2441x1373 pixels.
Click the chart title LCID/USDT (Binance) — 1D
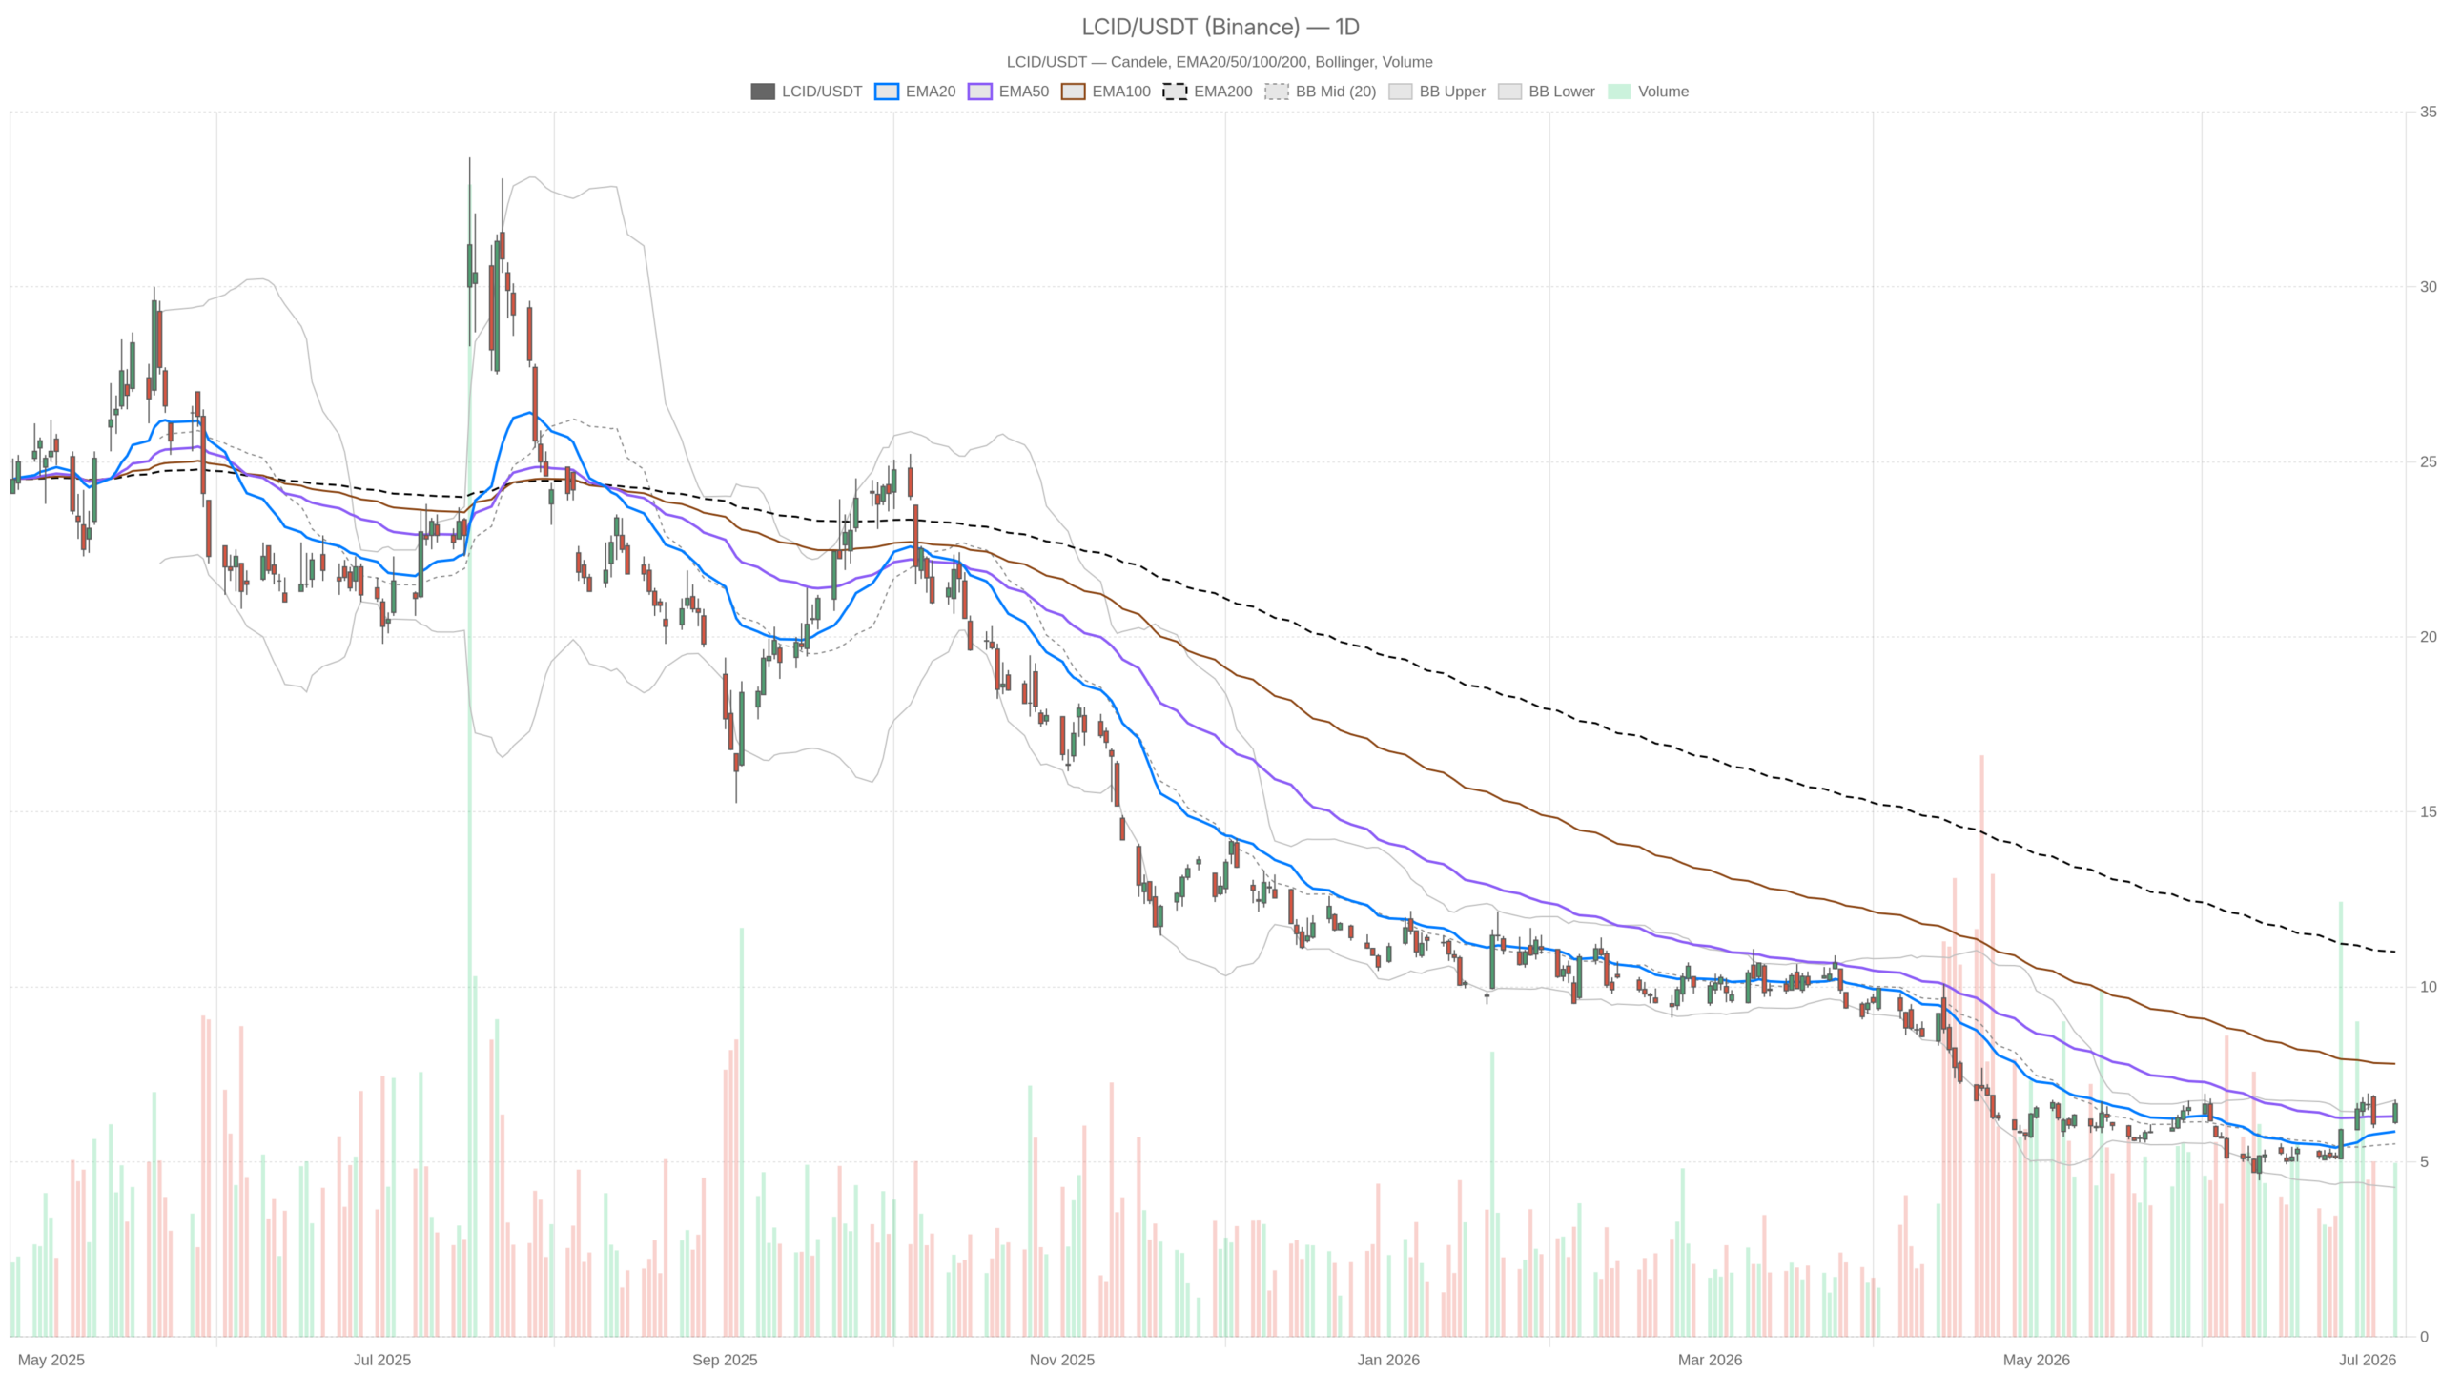(x=1220, y=27)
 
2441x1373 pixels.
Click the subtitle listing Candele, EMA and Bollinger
(x=1220, y=62)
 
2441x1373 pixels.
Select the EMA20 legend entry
(x=914, y=92)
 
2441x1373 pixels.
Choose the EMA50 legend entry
(x=1008, y=92)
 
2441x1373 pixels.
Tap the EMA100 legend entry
(x=1106, y=92)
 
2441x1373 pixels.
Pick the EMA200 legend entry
(x=1207, y=92)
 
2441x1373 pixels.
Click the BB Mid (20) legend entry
(x=1321, y=92)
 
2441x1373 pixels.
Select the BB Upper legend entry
(x=1437, y=92)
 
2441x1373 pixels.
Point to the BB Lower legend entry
(x=1546, y=92)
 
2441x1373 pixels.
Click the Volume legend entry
(x=1648, y=92)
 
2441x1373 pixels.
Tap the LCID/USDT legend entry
(x=806, y=92)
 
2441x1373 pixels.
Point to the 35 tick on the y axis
(x=2428, y=112)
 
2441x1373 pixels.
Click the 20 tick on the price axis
(x=2428, y=637)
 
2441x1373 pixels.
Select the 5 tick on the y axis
(x=2424, y=1161)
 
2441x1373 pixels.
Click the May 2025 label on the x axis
(x=51, y=1360)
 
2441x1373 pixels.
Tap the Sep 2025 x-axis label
(x=725, y=1360)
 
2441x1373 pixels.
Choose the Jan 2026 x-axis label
(x=1388, y=1360)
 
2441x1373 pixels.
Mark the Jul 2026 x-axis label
(x=2367, y=1360)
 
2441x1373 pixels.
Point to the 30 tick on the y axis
(x=2428, y=287)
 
